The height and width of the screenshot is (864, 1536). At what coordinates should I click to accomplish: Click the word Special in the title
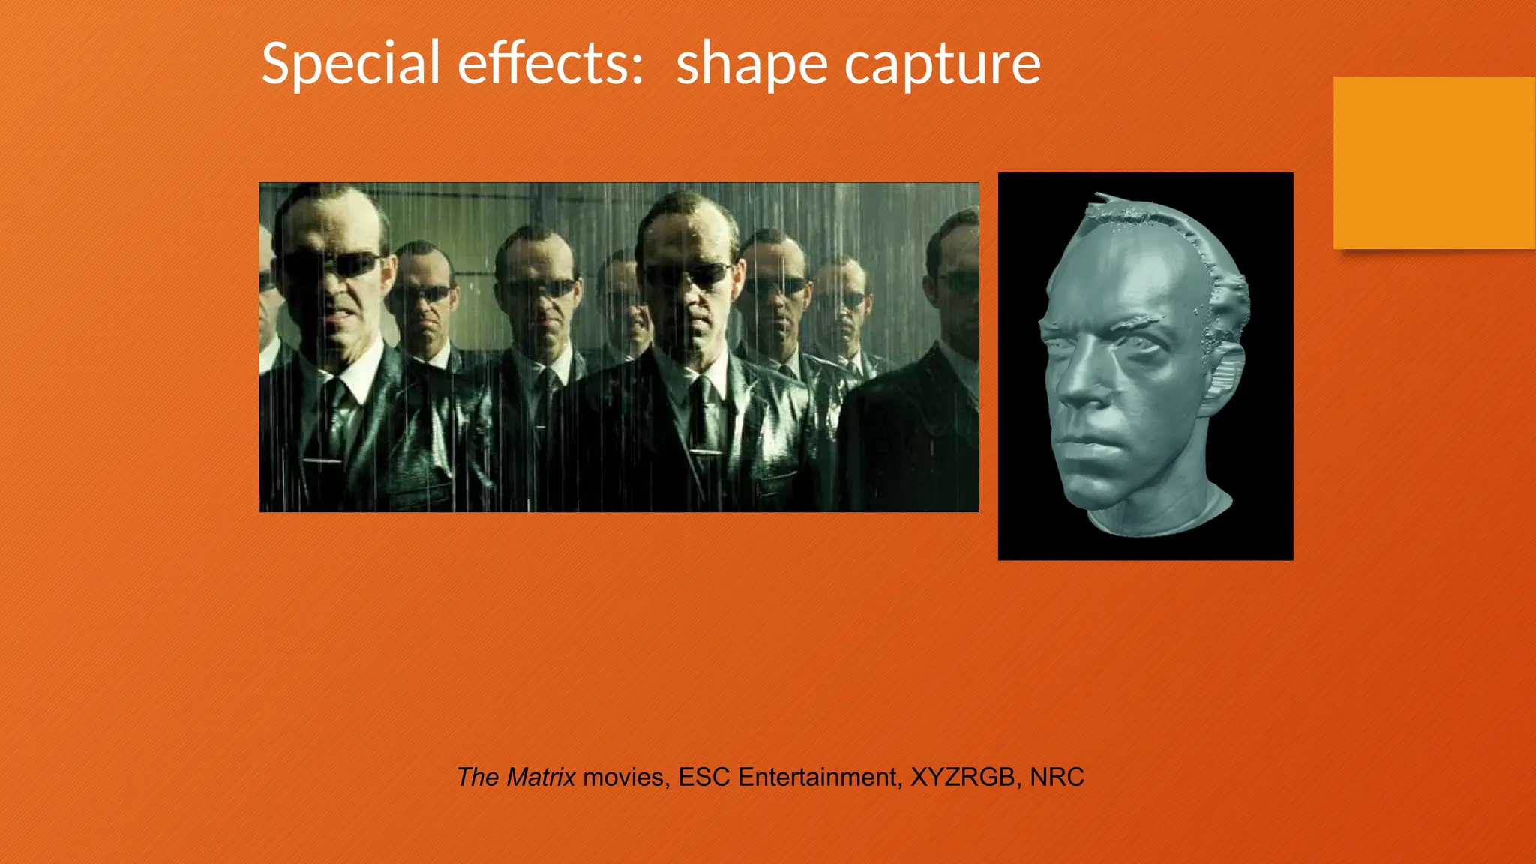tap(350, 64)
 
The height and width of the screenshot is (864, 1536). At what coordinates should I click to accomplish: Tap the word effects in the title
tap(550, 64)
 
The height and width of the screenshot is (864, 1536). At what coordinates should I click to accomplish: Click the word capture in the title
tap(943, 65)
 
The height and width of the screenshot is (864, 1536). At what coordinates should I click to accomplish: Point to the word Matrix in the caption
tap(541, 777)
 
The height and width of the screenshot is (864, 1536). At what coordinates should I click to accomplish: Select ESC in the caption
tap(703, 777)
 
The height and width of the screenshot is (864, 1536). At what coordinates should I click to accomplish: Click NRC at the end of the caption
tap(1057, 777)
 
